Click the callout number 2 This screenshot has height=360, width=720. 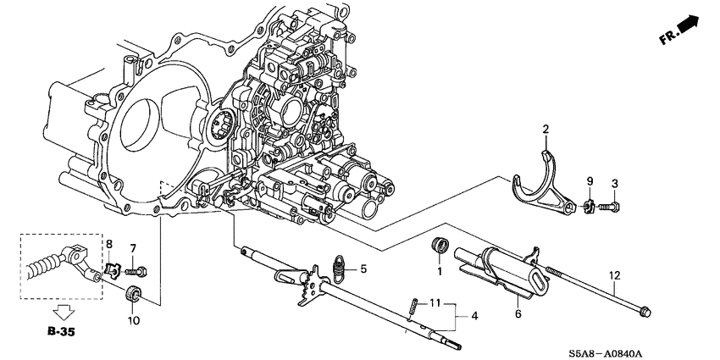click(546, 129)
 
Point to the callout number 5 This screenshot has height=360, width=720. click(363, 269)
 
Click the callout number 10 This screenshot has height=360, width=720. click(132, 321)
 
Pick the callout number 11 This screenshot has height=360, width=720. click(435, 302)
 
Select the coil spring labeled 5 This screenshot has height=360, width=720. click(340, 268)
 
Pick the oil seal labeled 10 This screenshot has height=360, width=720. click(132, 296)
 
